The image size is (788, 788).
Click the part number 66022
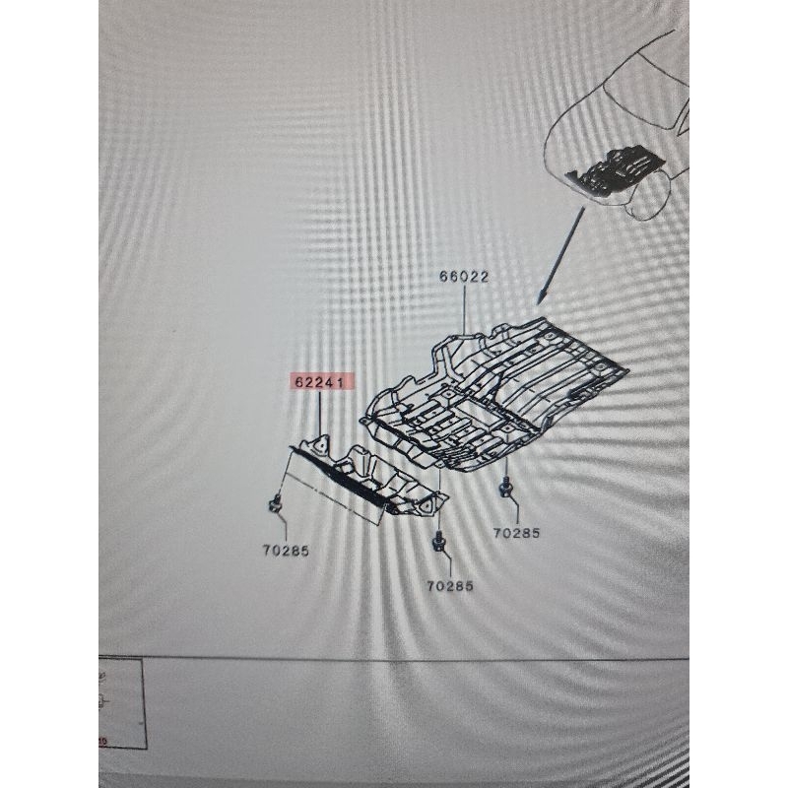tap(464, 277)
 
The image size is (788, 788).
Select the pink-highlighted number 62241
tap(319, 382)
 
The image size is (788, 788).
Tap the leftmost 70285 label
tap(286, 551)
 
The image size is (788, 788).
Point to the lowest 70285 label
tap(450, 586)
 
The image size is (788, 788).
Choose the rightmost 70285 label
tap(516, 533)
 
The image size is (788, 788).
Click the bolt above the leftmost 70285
tap(276, 503)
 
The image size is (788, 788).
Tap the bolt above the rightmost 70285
tap(505, 487)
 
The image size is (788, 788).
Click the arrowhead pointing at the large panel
tap(541, 297)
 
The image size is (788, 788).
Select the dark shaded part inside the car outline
tap(614, 169)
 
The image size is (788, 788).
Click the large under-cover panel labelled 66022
tap(497, 397)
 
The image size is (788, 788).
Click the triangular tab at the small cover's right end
tap(427, 505)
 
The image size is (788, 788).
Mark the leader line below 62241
tap(320, 414)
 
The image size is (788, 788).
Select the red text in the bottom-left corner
tap(102, 742)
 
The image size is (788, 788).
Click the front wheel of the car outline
tap(647, 200)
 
